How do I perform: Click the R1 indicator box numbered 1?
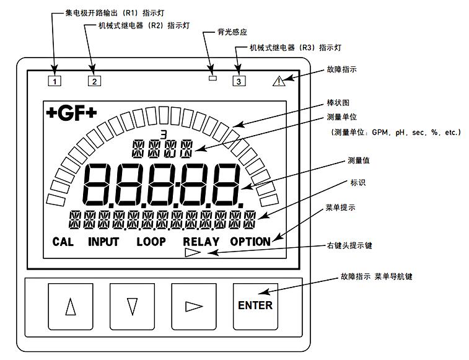point(55,81)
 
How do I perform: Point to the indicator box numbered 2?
point(94,81)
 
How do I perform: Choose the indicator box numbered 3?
point(239,80)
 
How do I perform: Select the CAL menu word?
point(63,242)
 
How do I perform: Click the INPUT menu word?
point(103,242)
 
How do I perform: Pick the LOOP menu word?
point(151,242)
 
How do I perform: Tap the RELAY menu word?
point(200,242)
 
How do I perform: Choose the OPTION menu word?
point(250,242)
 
